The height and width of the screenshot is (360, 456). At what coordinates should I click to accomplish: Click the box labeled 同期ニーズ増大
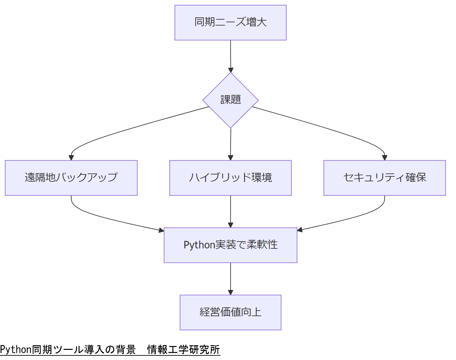(x=230, y=23)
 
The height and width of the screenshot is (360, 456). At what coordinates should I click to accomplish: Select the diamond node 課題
(x=230, y=100)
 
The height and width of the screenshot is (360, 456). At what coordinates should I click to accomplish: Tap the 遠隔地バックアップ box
(x=71, y=178)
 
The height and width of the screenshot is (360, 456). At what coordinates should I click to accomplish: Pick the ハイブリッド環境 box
(x=230, y=178)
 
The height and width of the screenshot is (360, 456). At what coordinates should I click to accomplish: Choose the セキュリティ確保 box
(x=384, y=178)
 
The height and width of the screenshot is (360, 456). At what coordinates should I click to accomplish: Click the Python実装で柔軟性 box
(x=230, y=245)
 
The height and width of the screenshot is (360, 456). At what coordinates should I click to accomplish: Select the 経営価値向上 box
(x=230, y=312)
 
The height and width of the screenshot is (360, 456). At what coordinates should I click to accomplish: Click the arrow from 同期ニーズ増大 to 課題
(x=230, y=56)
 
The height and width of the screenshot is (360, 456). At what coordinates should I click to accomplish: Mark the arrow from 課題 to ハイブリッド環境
(x=230, y=144)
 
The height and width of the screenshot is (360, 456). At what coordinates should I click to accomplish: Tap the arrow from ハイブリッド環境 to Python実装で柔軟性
(x=230, y=211)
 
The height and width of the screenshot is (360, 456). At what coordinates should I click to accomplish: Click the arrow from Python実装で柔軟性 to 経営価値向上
(x=230, y=278)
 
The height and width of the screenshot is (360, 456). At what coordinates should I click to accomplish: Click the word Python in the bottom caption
(x=15, y=350)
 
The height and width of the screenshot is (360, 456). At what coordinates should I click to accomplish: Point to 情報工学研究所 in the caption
(x=183, y=350)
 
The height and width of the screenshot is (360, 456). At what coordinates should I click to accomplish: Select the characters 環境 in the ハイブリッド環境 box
(x=262, y=178)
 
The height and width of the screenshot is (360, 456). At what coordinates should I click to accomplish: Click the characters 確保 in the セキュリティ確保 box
(x=416, y=178)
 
